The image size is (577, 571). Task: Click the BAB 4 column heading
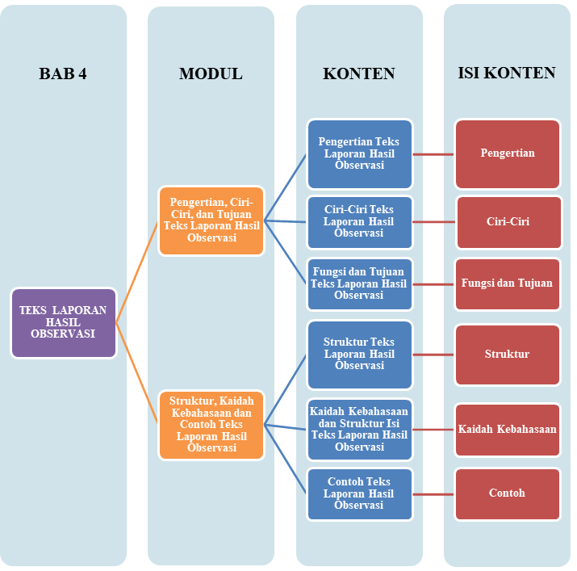(63, 73)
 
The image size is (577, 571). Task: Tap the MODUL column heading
(211, 73)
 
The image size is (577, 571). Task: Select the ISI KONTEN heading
(507, 73)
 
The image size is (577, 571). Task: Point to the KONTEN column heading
(359, 73)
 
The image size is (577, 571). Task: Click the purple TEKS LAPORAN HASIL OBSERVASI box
(63, 322)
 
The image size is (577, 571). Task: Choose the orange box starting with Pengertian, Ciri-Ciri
(211, 220)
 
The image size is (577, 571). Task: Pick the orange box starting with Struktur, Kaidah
(211, 425)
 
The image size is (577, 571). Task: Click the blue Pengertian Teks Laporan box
(359, 153)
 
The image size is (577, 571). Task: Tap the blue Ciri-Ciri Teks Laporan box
(359, 221)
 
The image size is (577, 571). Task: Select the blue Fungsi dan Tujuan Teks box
(359, 283)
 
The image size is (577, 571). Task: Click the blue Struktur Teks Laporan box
(359, 354)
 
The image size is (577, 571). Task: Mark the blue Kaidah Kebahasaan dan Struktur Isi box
(359, 429)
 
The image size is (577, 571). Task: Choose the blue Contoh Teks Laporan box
(359, 493)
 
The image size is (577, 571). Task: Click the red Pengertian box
(508, 153)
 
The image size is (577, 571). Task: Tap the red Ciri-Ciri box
(508, 221)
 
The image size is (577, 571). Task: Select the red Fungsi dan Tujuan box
(508, 283)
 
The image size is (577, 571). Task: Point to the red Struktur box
(508, 354)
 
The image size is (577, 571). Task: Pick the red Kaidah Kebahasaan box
(508, 429)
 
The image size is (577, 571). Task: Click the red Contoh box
(508, 493)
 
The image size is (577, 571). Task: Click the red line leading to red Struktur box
(433, 354)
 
